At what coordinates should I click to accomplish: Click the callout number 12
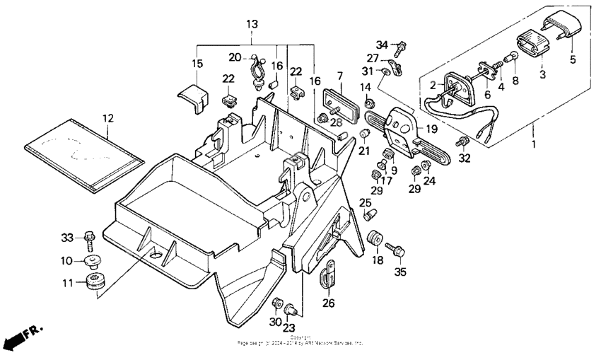pos(107,117)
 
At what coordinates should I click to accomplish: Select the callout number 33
pos(67,237)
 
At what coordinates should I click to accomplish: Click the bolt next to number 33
pos(90,238)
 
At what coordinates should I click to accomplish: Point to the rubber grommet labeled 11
pos(93,281)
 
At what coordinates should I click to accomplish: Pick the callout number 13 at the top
pos(252,24)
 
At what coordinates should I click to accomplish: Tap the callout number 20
pos(235,57)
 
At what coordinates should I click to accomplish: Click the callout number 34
pos(382,45)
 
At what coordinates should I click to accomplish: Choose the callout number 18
pos(375,260)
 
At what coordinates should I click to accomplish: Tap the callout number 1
pos(534,144)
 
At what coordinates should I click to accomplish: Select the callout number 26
pos(329,303)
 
